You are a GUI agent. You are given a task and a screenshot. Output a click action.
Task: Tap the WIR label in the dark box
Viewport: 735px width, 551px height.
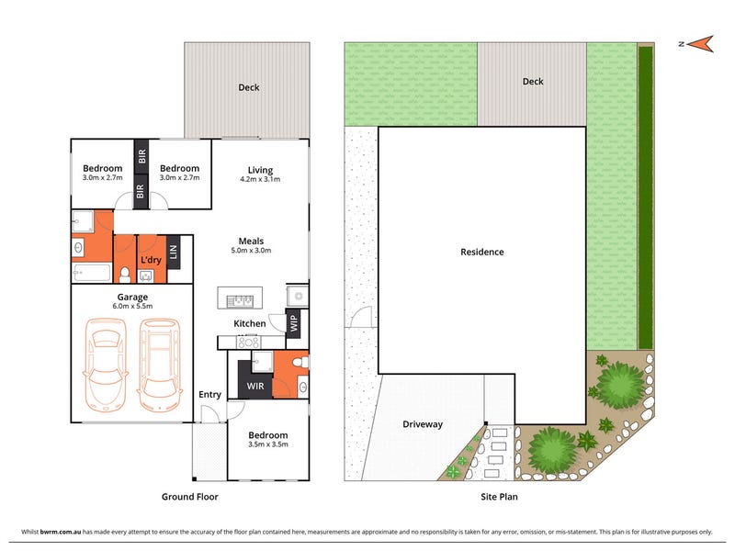pyautogui.click(x=255, y=386)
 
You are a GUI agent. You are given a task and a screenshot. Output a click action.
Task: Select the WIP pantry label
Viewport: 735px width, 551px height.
pyautogui.click(x=294, y=323)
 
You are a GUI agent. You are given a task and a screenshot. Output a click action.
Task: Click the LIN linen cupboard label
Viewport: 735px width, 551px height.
pyautogui.click(x=174, y=252)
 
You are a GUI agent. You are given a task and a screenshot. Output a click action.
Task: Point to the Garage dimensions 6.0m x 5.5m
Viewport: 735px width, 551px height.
pyautogui.click(x=132, y=306)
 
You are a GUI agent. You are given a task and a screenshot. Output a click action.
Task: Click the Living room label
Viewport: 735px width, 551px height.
pyautogui.click(x=260, y=170)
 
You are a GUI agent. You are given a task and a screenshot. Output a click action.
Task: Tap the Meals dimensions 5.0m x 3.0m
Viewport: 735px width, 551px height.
pyautogui.click(x=251, y=250)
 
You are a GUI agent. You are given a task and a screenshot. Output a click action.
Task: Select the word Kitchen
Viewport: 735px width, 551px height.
pyautogui.click(x=250, y=323)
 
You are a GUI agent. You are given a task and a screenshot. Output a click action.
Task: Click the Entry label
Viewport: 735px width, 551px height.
pyautogui.click(x=209, y=395)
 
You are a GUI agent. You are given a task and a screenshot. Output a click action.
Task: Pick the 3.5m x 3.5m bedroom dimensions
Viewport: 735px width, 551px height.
pyautogui.click(x=268, y=444)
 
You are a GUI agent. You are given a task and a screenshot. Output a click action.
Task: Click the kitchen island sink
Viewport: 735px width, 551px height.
pyautogui.click(x=240, y=300)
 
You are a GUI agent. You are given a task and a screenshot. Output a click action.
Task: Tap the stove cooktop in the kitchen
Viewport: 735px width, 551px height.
pyautogui.click(x=248, y=343)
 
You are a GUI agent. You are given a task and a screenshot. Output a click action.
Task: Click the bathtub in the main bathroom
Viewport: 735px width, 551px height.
pyautogui.click(x=92, y=273)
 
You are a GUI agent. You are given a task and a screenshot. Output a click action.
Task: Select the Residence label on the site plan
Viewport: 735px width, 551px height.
pyautogui.click(x=481, y=252)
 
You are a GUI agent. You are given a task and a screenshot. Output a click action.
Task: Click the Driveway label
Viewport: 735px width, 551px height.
pyautogui.click(x=423, y=424)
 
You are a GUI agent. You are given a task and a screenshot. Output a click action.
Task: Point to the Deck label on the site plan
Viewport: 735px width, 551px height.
pyautogui.click(x=533, y=82)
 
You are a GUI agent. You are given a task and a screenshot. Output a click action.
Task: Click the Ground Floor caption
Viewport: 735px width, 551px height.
pyautogui.click(x=190, y=497)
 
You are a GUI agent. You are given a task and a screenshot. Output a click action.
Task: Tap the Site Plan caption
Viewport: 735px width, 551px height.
pyautogui.click(x=499, y=497)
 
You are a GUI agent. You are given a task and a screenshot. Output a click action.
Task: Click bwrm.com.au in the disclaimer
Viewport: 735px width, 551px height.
pyautogui.click(x=61, y=532)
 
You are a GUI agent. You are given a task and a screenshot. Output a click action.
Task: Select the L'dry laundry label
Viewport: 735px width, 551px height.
pyautogui.click(x=151, y=260)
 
